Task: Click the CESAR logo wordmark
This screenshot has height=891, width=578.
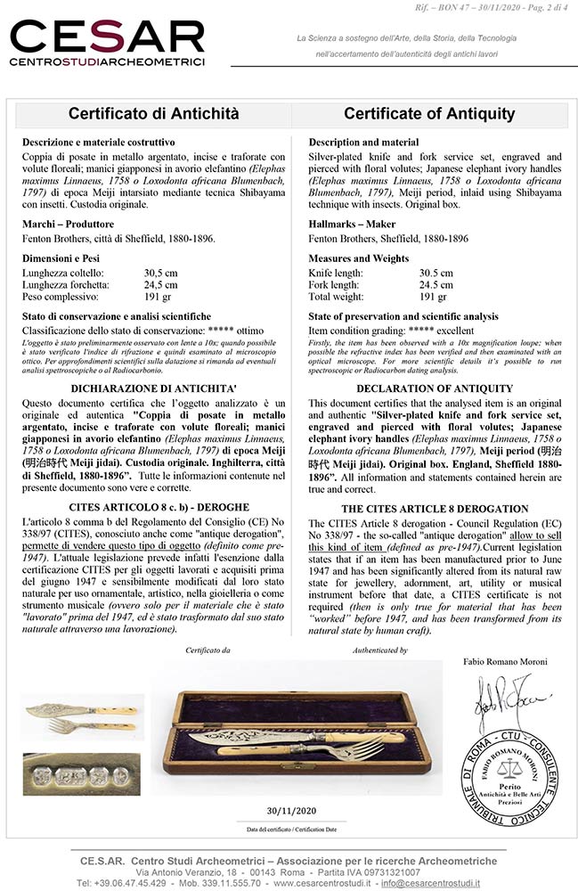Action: (106, 37)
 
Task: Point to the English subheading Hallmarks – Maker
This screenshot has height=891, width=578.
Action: (352, 225)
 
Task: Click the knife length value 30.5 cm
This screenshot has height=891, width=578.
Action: (436, 273)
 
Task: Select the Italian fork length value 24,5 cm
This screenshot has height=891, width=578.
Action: (160, 284)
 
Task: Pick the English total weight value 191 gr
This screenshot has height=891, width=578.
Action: (433, 296)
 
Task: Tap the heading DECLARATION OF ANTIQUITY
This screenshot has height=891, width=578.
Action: (434, 388)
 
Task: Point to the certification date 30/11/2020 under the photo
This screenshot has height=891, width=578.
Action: (292, 811)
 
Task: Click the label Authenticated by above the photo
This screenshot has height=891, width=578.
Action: (380, 651)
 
